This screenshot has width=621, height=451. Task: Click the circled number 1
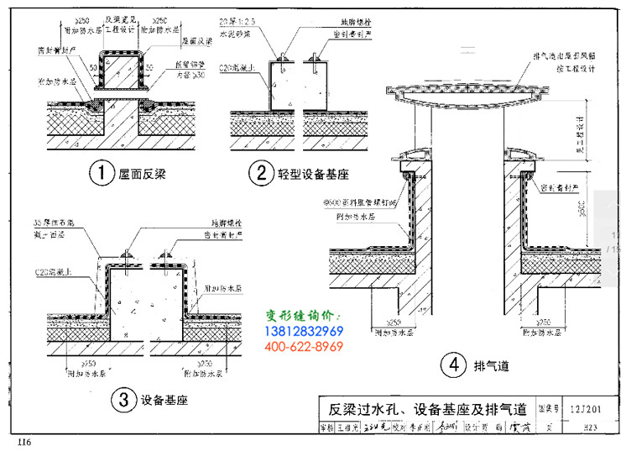click(x=101, y=174)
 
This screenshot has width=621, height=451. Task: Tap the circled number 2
click(x=261, y=174)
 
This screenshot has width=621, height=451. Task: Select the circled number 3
click(x=123, y=400)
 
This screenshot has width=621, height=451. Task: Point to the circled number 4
click(x=453, y=364)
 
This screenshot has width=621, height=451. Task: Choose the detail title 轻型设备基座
click(x=313, y=175)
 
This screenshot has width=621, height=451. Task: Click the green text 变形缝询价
click(x=300, y=316)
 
